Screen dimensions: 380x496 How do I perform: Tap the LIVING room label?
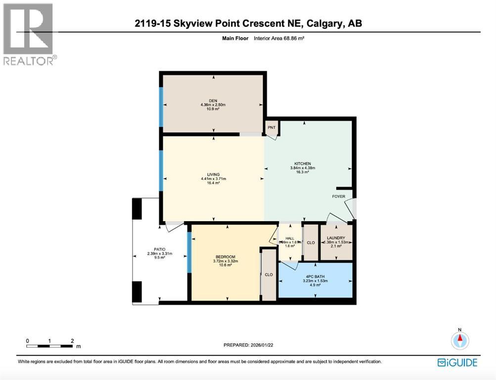tap(213, 174)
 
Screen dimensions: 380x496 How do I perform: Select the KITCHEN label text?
tap(302, 164)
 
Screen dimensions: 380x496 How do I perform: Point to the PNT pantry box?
tap(271, 128)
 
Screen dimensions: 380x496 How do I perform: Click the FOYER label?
tap(339, 196)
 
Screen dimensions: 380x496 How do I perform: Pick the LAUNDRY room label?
tap(336, 238)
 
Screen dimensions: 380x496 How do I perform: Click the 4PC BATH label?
tap(315, 277)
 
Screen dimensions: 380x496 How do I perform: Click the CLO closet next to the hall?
tap(311, 243)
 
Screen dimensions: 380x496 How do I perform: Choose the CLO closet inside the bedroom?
tap(269, 275)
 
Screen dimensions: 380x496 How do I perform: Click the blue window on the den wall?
tap(161, 102)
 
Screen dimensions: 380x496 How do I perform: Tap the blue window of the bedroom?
tap(188, 252)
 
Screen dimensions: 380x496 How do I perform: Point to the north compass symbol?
tap(460, 340)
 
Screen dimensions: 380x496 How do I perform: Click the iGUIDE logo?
tap(457, 363)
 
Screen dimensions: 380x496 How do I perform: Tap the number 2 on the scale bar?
tap(72, 341)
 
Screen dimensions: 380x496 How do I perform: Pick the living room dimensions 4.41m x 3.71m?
tap(213, 179)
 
